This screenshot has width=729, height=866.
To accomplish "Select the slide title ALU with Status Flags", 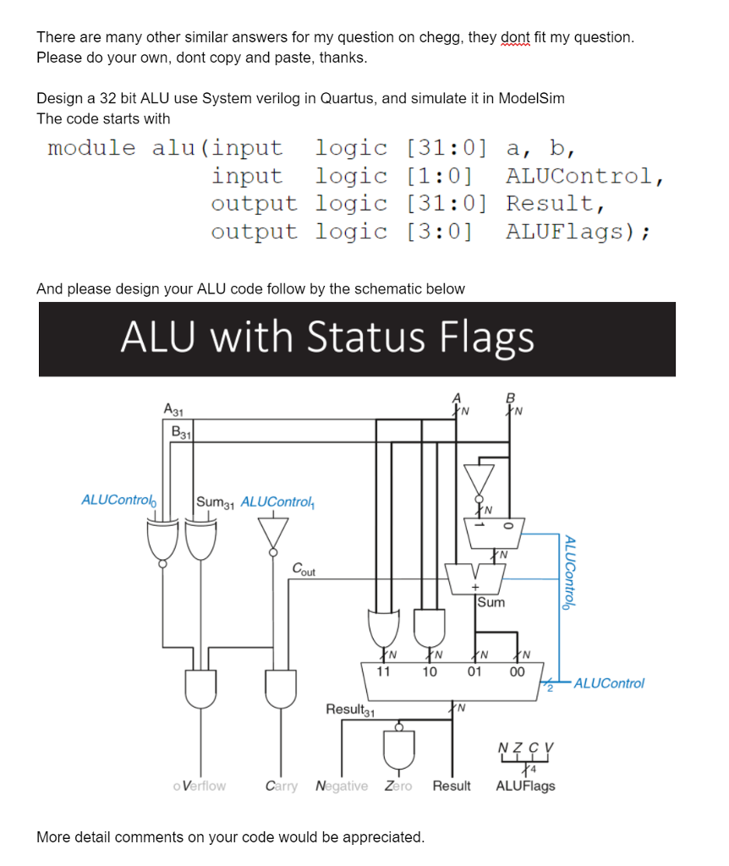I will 326,337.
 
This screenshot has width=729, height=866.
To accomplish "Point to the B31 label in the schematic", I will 182,431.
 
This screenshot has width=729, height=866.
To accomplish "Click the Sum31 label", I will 215,502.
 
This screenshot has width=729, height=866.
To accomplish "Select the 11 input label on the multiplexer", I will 383,672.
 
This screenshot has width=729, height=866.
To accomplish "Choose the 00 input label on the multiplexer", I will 516,672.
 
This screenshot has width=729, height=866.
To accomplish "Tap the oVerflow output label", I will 199,787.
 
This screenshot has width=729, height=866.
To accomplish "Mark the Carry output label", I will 281,787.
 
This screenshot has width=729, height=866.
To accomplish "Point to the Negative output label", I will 342,787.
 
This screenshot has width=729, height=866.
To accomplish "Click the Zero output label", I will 398,787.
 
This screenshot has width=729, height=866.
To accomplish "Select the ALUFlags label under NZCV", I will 525,787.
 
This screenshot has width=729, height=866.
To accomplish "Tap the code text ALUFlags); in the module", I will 578,232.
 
